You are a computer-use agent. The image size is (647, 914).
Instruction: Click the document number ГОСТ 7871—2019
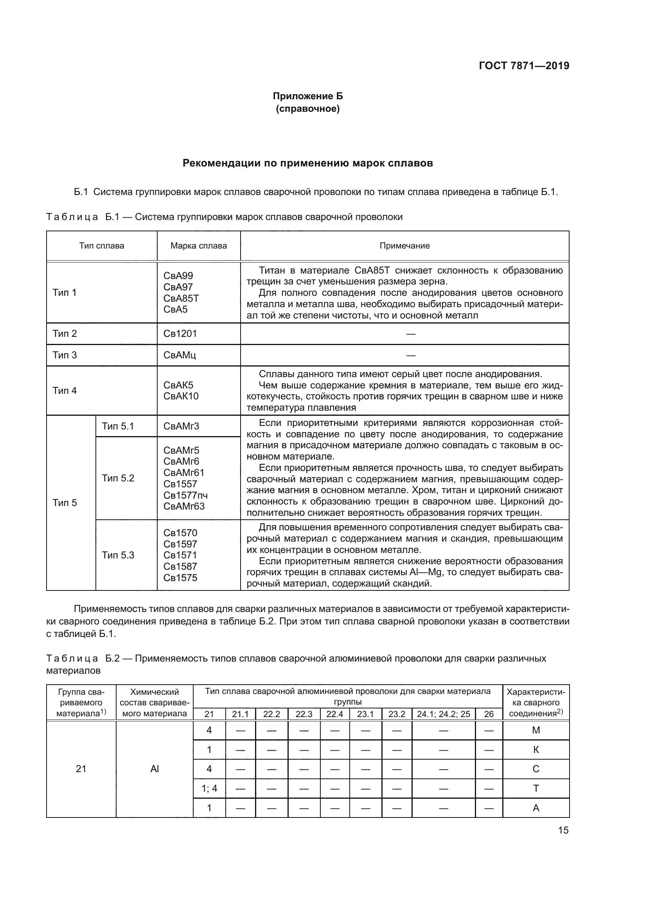pyautogui.click(x=524, y=66)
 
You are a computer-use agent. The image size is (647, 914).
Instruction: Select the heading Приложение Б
pyautogui.click(x=307, y=96)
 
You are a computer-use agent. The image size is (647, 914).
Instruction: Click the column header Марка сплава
pyautogui.click(x=198, y=246)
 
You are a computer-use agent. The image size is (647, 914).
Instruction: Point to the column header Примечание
pyautogui.click(x=404, y=246)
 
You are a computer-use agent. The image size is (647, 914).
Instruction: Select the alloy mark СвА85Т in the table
pyautogui.click(x=181, y=298)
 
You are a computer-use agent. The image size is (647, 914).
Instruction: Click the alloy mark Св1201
pyautogui.click(x=180, y=334)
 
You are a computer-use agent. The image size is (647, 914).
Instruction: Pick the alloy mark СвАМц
pyautogui.click(x=180, y=355)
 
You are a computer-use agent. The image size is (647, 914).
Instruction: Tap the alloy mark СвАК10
pyautogui.click(x=181, y=396)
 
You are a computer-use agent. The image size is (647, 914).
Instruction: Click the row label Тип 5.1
pyautogui.click(x=117, y=426)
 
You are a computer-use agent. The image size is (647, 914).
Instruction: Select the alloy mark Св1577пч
pyautogui.click(x=185, y=495)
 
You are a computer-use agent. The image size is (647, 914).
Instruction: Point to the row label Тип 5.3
pyautogui.click(x=118, y=555)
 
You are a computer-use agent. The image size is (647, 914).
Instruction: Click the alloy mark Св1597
pyautogui.click(x=180, y=544)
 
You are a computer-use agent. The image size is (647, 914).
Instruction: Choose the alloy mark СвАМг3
pyautogui.click(x=181, y=426)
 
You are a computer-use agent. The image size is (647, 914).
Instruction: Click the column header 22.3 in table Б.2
pyautogui.click(x=304, y=714)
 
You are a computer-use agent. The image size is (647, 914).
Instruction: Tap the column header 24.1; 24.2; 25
pyautogui.click(x=444, y=714)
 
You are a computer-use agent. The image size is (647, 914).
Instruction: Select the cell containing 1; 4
pyautogui.click(x=209, y=788)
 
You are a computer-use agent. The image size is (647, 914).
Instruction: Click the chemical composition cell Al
pyautogui.click(x=155, y=769)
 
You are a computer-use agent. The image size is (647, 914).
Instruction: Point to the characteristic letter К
pyautogui.click(x=536, y=749)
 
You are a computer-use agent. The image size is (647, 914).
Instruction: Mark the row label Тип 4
pyautogui.click(x=65, y=390)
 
